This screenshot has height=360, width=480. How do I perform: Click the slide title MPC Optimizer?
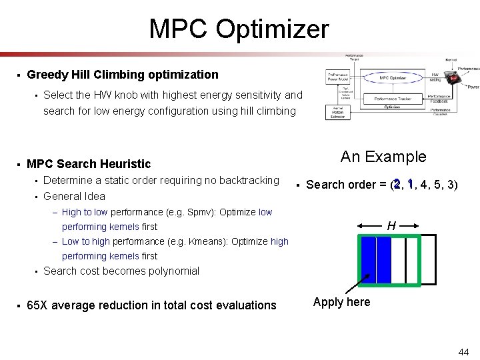239,29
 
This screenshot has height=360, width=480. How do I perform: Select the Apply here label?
342,302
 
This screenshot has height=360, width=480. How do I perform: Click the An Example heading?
383,157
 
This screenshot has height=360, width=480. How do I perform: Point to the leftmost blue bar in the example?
367,260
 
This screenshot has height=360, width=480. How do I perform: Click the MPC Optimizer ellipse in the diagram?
393,77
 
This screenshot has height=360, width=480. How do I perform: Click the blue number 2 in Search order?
397,184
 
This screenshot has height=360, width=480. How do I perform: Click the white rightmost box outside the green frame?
430,260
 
